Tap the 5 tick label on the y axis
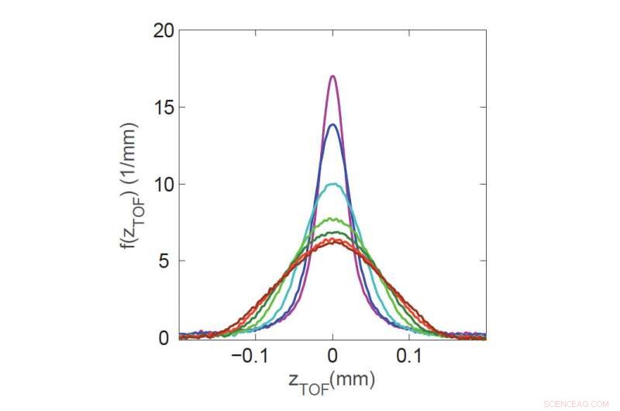point(164,261)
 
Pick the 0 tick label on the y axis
point(164,338)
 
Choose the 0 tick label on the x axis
point(332,357)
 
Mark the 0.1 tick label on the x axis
point(409,357)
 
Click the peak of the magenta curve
point(332,76)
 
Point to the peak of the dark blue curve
point(332,125)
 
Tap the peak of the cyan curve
point(332,184)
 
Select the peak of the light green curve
point(332,219)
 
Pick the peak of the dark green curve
point(332,232)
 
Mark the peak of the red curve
point(332,241)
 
